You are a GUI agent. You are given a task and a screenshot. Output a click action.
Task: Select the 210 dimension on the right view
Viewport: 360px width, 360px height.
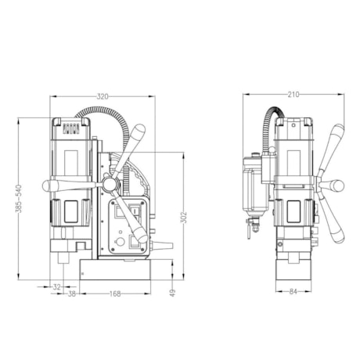tap(293, 95)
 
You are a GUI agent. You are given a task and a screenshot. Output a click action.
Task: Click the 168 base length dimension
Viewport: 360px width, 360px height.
tap(114, 293)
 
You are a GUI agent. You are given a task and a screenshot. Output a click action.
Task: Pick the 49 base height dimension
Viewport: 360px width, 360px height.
tap(172, 292)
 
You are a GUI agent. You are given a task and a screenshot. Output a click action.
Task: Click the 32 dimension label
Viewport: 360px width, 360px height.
tap(56, 287)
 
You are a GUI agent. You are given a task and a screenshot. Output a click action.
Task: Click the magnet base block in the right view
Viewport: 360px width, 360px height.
tap(293, 268)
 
